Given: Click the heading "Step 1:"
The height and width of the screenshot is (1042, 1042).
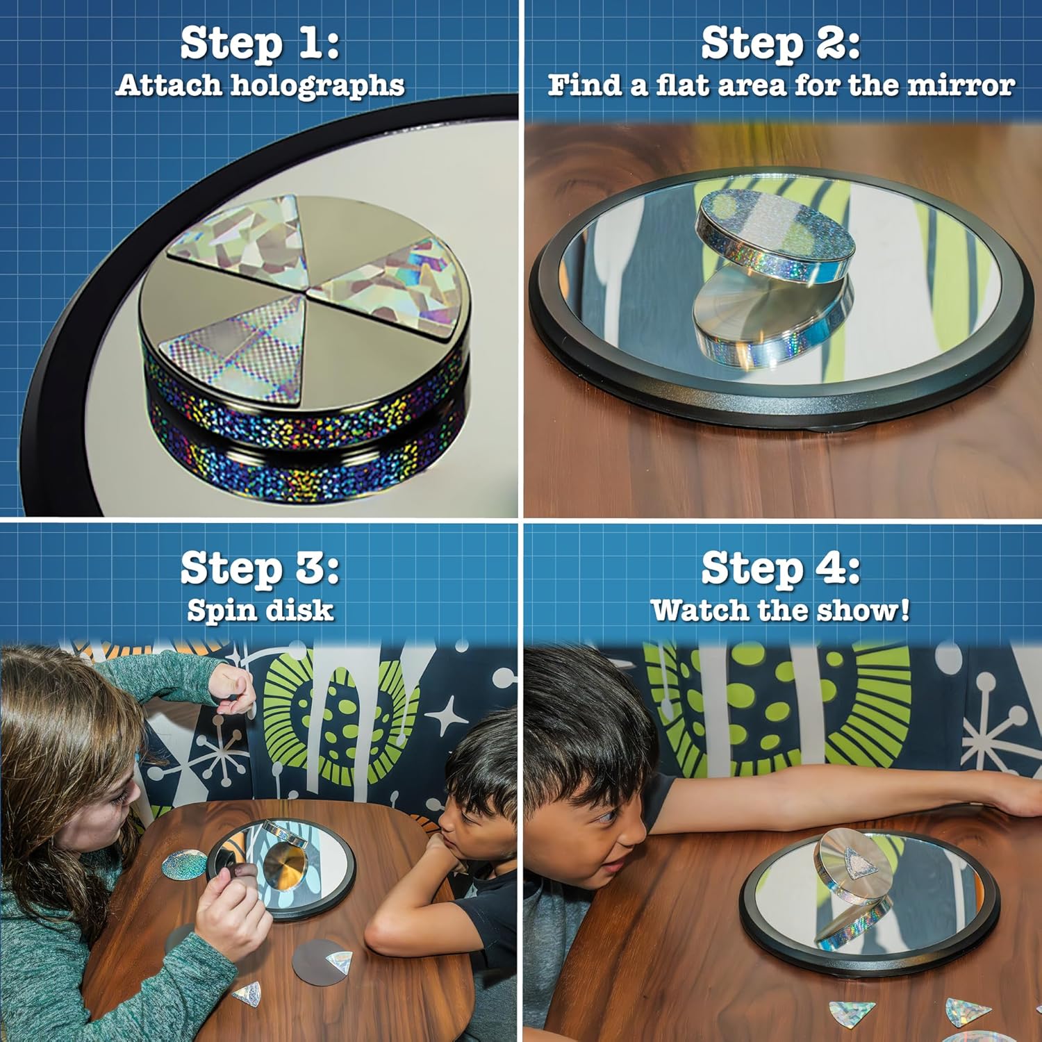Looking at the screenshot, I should [260, 44].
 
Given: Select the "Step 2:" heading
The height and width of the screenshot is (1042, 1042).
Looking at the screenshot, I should [780, 44].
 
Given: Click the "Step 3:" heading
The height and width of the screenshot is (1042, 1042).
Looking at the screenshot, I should [260, 568].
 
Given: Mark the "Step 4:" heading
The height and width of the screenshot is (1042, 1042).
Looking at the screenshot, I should [780, 568].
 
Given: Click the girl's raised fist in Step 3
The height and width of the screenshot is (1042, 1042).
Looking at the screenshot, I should [233, 684].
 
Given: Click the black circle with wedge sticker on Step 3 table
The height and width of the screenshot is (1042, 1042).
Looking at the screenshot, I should [316, 962].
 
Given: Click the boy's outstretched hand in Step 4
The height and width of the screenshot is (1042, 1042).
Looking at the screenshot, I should [1021, 799].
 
